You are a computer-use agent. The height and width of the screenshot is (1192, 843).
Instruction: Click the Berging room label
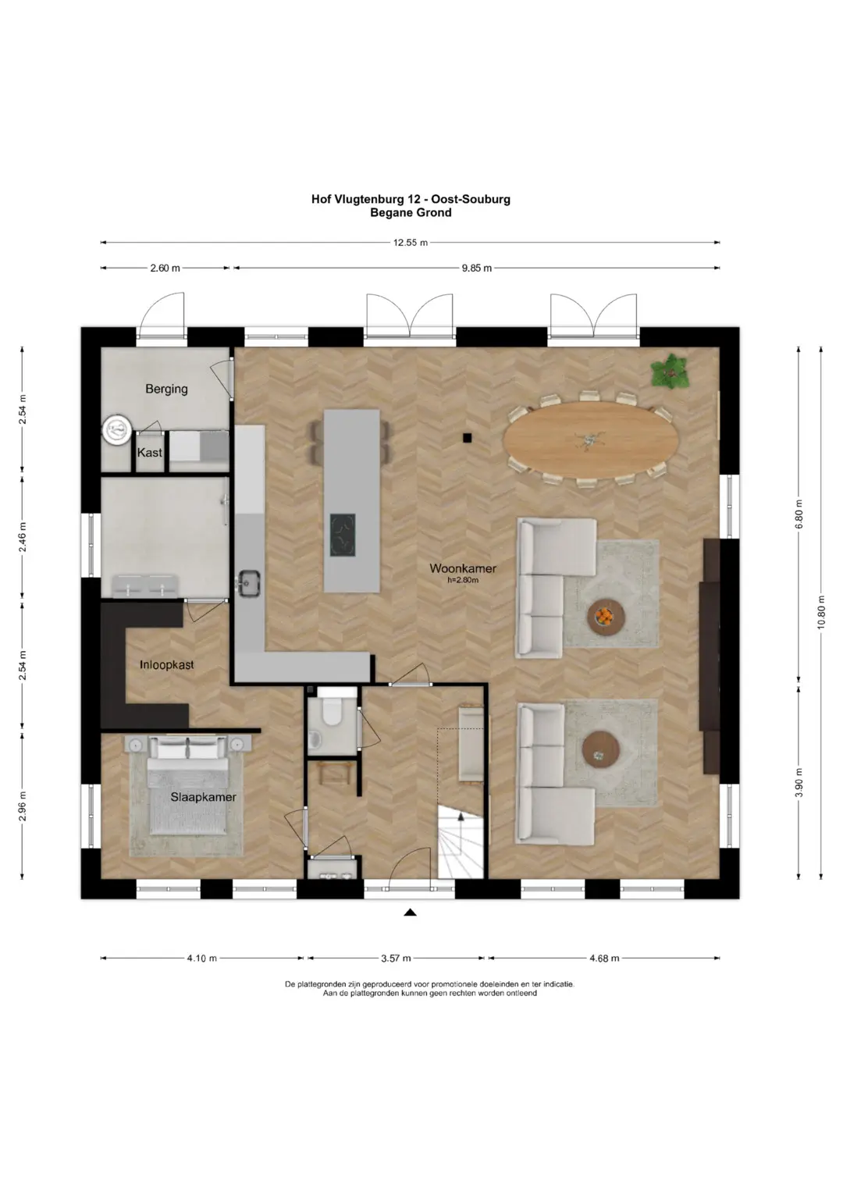tap(166, 389)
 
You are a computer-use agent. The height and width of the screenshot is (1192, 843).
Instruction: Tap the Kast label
tap(150, 452)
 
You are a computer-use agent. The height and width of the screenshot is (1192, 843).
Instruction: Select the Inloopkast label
tap(166, 664)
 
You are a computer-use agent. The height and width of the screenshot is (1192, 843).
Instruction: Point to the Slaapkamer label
tap(203, 796)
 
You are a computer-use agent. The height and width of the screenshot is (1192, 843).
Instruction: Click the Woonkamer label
tap(463, 568)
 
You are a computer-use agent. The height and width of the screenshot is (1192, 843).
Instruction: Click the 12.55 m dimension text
tap(411, 243)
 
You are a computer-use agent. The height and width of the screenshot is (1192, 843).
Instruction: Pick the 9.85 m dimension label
tap(477, 269)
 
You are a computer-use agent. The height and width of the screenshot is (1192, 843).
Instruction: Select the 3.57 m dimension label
tap(396, 959)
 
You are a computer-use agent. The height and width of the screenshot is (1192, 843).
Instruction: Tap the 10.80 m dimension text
tap(820, 611)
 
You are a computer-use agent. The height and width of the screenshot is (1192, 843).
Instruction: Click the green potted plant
tap(670, 372)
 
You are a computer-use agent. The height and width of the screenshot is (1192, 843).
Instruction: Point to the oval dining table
tap(591, 439)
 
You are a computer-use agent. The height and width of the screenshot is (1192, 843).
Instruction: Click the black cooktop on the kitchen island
tap(343, 535)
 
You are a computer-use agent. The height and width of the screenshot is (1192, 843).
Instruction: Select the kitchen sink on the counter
tap(248, 583)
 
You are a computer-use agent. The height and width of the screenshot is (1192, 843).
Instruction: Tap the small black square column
tap(468, 437)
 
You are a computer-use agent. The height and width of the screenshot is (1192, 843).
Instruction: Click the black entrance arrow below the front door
tap(410, 913)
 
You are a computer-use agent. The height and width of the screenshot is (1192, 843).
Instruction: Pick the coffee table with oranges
tap(606, 617)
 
